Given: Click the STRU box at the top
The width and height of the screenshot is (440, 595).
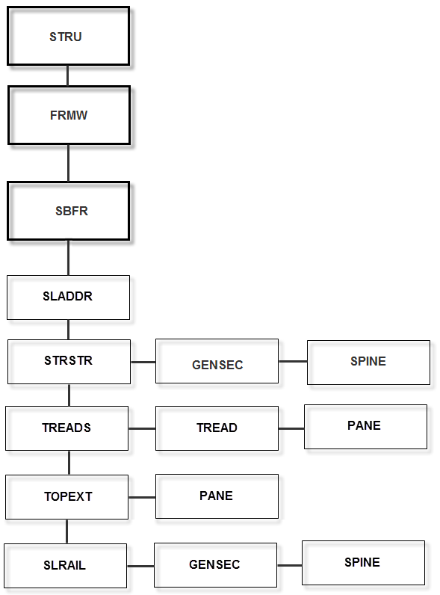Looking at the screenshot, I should pos(68,37).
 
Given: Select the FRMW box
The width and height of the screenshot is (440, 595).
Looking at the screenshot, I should pos(69,115).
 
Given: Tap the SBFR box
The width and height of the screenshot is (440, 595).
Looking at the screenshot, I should pos(69,211).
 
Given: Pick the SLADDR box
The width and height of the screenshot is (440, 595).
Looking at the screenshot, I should pos(68,297).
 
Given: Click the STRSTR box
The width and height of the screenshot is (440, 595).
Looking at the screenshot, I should pos(69,362).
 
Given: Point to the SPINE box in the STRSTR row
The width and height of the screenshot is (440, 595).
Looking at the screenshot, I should pos(368,363).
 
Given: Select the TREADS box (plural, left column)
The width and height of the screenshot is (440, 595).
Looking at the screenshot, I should pos(66,428).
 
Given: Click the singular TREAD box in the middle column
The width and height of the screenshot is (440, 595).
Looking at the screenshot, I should pos(217,428).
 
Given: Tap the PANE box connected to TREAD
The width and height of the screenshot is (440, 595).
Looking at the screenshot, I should pos(365,427).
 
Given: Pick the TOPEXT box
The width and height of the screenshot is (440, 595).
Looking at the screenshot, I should pos(67,496).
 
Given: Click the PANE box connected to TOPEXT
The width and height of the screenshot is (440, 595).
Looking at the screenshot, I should pos(217,496).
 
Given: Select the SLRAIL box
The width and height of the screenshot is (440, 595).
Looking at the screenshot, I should pos(65,565).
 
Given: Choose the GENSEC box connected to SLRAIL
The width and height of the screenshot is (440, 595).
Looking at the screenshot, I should pos(215,565).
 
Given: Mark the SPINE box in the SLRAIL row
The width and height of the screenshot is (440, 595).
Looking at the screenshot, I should pos(363,563).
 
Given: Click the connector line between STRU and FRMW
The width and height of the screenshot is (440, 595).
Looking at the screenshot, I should pos(68,75).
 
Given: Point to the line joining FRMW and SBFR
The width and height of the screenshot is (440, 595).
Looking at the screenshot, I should pos(69,163).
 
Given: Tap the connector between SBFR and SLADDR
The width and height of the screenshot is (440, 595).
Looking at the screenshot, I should pos(69,258).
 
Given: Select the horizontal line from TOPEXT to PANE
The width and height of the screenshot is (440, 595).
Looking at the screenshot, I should pos(142,496).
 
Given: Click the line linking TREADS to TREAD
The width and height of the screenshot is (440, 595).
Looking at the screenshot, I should pos(142,428).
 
